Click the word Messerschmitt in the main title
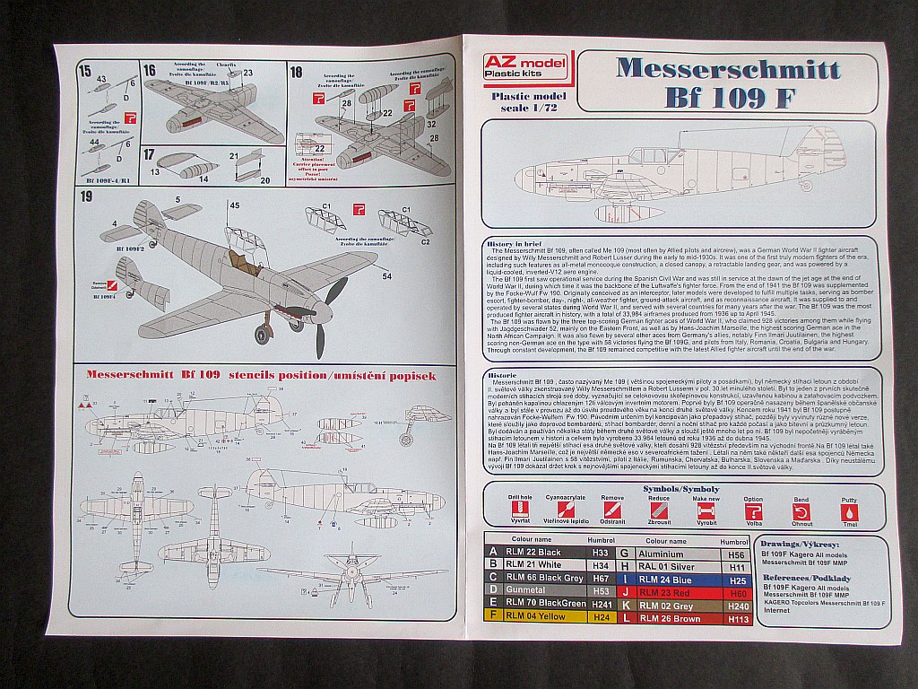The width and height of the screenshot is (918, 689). [727, 70]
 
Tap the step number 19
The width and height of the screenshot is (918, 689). [86, 196]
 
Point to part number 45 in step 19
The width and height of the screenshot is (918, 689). [234, 205]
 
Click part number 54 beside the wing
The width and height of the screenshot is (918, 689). [385, 278]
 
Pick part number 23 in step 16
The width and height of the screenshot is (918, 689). [247, 73]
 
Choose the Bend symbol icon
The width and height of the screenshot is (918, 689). [800, 511]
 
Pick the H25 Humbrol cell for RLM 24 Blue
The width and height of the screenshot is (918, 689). [738, 580]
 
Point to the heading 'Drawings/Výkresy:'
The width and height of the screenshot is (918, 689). [797, 544]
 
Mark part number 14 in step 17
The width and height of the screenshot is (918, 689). [204, 177]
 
